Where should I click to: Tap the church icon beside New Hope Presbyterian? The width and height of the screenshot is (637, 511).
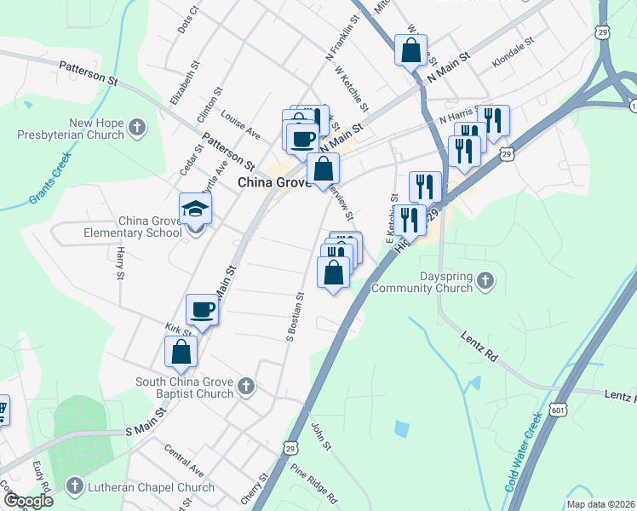pos(137,129)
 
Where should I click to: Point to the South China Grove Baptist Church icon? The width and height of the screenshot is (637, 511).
pos(245,387)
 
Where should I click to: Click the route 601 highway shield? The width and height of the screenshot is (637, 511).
pos(558,410)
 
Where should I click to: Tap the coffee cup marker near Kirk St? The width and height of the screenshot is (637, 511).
pos(203,310)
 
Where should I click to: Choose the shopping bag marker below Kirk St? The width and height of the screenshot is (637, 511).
pos(181,351)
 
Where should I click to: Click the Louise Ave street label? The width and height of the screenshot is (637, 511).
pos(240,123)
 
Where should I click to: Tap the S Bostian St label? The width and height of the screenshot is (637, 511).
pos(301,318)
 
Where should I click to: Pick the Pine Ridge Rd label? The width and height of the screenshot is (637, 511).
pos(313,481)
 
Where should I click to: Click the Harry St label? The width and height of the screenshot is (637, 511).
pos(120,263)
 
